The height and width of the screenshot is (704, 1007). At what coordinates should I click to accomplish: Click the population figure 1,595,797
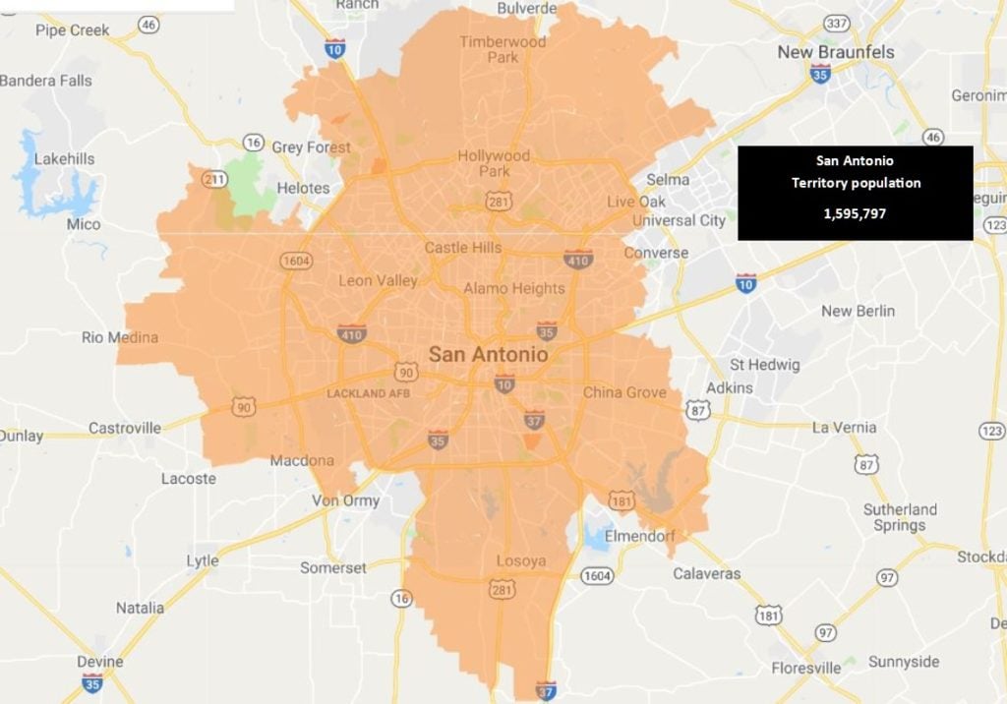[x=855, y=211]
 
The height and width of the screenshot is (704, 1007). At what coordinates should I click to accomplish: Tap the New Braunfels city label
[x=836, y=51]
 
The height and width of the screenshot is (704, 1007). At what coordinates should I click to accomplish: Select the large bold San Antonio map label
[x=488, y=354]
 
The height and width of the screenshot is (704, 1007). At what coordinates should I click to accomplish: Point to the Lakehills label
[x=65, y=158]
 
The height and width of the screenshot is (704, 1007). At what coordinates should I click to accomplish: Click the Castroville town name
[x=125, y=428]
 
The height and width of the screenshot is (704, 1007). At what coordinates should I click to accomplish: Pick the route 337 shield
[x=837, y=23]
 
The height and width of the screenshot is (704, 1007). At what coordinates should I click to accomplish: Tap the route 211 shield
[x=214, y=179]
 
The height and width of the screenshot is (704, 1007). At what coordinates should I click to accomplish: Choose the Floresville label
[x=805, y=668]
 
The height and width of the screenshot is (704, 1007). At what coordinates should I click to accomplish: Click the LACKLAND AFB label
[x=369, y=393]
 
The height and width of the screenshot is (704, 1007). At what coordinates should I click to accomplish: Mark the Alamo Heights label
[x=514, y=288]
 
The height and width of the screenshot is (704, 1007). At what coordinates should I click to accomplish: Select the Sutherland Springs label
[x=900, y=517]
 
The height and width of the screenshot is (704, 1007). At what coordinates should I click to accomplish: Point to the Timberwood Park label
[x=503, y=49]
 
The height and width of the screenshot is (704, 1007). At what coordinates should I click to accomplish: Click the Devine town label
[x=100, y=662]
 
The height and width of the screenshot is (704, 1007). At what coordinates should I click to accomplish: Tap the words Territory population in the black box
[x=856, y=183]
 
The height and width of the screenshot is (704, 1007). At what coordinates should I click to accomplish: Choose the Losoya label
[x=521, y=561]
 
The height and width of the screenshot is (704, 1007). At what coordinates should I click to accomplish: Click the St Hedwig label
[x=765, y=365]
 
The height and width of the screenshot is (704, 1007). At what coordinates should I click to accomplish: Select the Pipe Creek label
[x=73, y=29]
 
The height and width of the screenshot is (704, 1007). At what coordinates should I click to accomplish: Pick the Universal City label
[x=679, y=220]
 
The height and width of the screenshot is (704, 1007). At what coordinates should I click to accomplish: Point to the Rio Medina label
[x=120, y=337]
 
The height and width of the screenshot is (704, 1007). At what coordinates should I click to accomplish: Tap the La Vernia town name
[x=844, y=427]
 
